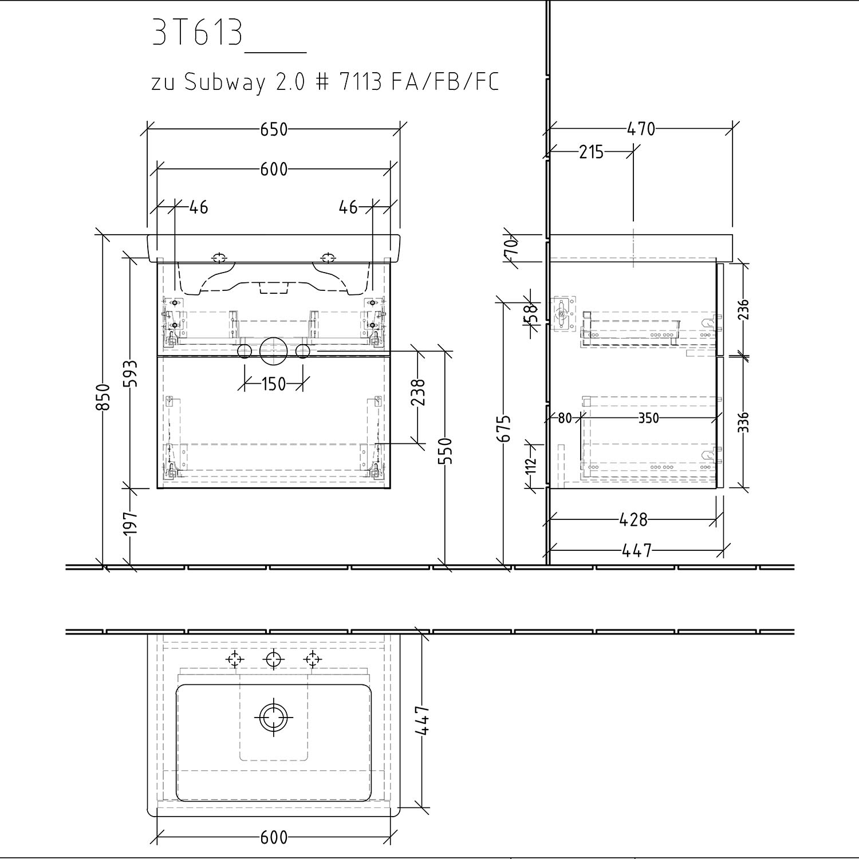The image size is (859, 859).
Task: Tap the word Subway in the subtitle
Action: pyautogui.click(x=225, y=84)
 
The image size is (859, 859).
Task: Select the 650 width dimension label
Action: pyautogui.click(x=274, y=129)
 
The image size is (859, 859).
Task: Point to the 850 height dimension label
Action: pyautogui.click(x=103, y=396)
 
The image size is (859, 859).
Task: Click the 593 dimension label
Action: pyautogui.click(x=131, y=373)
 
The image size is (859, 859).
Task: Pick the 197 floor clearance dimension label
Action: pyautogui.click(x=131, y=523)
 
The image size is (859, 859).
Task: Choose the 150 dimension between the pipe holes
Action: pyautogui.click(x=274, y=384)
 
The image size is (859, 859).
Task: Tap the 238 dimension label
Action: pyautogui.click(x=420, y=392)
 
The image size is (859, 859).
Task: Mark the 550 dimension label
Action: pyautogui.click(x=447, y=451)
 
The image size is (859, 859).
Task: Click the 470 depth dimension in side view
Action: pyautogui.click(x=641, y=129)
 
